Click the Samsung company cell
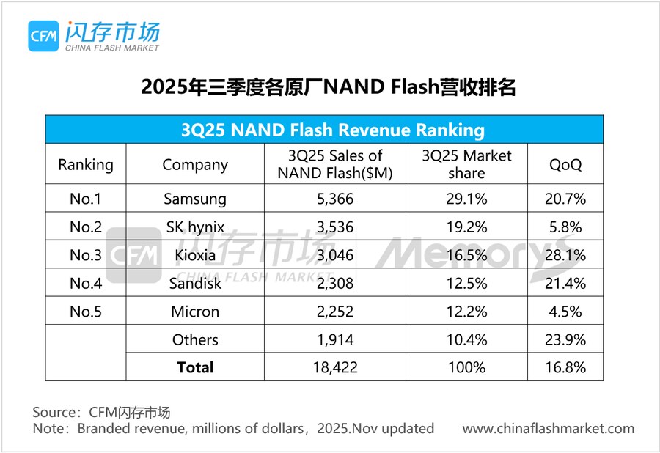coord(195,199)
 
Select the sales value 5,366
coord(335,199)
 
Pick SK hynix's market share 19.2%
coord(467,226)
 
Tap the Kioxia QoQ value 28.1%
coord(566,255)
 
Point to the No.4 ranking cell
coord(86,283)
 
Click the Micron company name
coord(195,312)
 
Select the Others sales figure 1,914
coord(335,339)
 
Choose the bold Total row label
coord(195,367)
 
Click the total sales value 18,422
coord(335,367)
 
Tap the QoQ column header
coord(566,164)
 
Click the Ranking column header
coord(86,164)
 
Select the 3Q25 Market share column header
coord(467,164)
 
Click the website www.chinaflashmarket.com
coord(548,428)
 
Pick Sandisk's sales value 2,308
coord(335,283)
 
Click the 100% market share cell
coord(467,367)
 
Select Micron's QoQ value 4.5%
coord(566,312)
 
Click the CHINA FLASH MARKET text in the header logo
coord(112,48)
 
